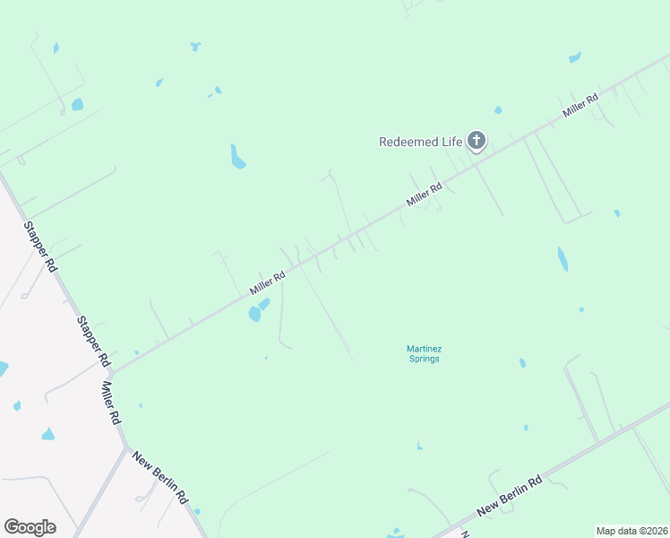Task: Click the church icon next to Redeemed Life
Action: point(477,141)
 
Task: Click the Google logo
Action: point(30,527)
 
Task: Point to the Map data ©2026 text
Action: point(631,531)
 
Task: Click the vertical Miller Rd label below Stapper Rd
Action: point(111,403)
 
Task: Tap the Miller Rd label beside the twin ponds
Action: point(268,283)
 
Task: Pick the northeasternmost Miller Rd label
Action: point(580,107)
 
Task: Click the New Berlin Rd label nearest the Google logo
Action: point(159,478)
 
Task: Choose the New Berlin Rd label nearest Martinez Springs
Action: point(510,495)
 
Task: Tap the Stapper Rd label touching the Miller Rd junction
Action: point(92,341)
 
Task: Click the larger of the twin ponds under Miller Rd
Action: point(254,314)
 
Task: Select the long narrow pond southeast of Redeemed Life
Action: point(562,258)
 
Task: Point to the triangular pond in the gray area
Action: point(47,434)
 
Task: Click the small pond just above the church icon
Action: point(498,110)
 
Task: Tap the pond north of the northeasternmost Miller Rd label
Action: point(575,57)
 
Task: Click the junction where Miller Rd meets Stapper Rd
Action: point(112,373)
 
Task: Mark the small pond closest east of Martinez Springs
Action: point(522,363)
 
